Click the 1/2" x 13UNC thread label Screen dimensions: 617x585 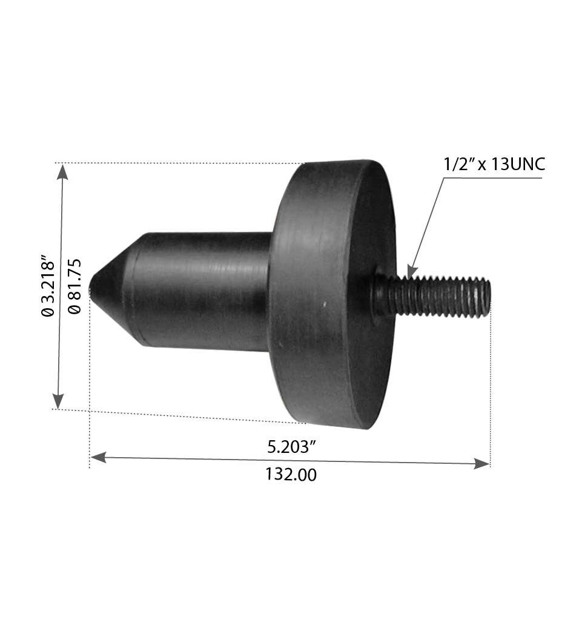click(494, 164)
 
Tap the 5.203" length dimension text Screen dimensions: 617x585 click(292, 447)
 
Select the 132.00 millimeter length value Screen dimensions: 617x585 click(291, 474)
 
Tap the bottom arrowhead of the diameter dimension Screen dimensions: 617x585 click(58, 400)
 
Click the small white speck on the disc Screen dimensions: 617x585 click(325, 304)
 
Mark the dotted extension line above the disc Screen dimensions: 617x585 click(182, 163)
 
